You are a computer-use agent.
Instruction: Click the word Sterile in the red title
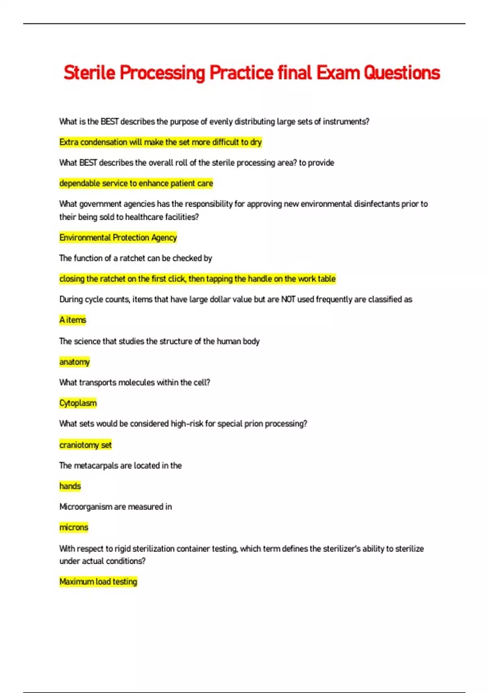pyautogui.click(x=89, y=73)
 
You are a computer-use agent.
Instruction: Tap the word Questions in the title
pyautogui.click(x=402, y=73)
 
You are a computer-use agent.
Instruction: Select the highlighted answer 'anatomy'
pyautogui.click(x=75, y=362)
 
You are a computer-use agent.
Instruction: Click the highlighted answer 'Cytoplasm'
pyautogui.click(x=78, y=403)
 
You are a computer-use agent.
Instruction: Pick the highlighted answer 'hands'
pyautogui.click(x=70, y=486)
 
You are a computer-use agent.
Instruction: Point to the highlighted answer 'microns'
pyautogui.click(x=74, y=527)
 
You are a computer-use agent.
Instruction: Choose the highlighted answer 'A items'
pyautogui.click(x=73, y=320)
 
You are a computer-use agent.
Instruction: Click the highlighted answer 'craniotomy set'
pyautogui.click(x=86, y=445)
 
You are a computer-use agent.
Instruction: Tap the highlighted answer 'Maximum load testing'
pyautogui.click(x=98, y=582)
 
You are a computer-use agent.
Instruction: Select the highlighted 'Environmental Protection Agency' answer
pyautogui.click(x=118, y=238)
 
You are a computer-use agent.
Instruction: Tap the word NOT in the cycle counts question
pyautogui.click(x=288, y=299)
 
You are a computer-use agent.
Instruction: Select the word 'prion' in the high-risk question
pyautogui.click(x=253, y=424)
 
